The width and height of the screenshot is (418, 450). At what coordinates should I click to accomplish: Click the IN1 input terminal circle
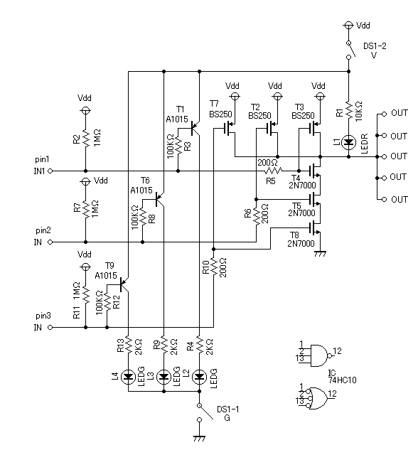coord(50,171)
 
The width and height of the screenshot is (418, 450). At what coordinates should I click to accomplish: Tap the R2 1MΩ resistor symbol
coord(85,139)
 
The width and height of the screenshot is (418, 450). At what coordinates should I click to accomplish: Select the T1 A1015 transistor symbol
coord(195,128)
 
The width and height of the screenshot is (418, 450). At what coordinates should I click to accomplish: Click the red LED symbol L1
coord(348,142)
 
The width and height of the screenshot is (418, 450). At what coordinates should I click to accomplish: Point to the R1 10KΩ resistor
coord(348,109)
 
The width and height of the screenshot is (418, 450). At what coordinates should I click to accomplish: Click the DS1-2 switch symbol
coord(350,50)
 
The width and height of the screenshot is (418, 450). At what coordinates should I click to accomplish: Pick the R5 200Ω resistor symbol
coord(273,171)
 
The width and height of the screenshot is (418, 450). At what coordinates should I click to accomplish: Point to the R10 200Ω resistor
coord(214,267)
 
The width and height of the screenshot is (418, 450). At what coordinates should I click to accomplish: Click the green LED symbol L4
coord(128,377)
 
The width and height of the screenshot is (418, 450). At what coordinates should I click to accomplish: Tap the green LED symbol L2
coord(199,377)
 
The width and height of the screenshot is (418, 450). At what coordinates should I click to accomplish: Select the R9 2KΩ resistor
coord(164,345)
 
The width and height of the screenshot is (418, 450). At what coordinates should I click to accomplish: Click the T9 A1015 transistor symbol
coord(124,284)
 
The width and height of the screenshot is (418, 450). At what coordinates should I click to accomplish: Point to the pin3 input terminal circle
coord(50,328)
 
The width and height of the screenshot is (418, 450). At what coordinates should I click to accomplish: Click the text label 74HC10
coord(342,380)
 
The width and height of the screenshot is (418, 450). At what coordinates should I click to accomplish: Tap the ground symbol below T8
coord(320,254)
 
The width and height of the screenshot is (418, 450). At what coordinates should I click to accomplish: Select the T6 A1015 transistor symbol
coord(159,199)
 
